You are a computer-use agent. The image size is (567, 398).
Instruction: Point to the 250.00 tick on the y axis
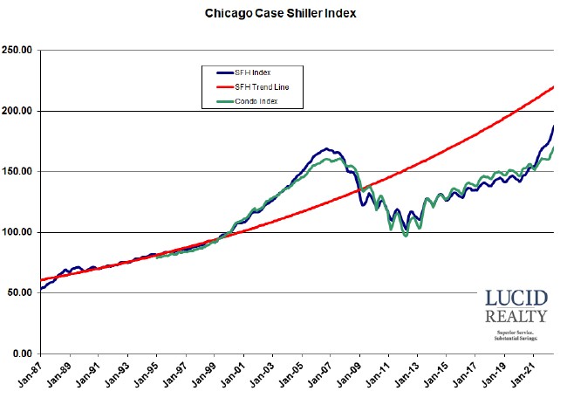click(17, 51)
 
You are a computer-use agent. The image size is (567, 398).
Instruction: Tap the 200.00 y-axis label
click(17, 111)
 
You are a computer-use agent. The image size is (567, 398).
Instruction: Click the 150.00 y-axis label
click(17, 172)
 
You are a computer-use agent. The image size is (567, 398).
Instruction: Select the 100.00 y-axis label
click(17, 232)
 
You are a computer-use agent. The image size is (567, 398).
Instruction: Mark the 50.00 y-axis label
click(20, 292)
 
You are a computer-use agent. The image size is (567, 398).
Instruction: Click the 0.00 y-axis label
click(23, 353)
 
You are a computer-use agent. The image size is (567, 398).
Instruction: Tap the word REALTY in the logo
click(516, 316)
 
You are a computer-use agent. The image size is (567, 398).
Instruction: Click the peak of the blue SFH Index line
click(325, 149)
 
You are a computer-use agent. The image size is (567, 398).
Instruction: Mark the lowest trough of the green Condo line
click(406, 236)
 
